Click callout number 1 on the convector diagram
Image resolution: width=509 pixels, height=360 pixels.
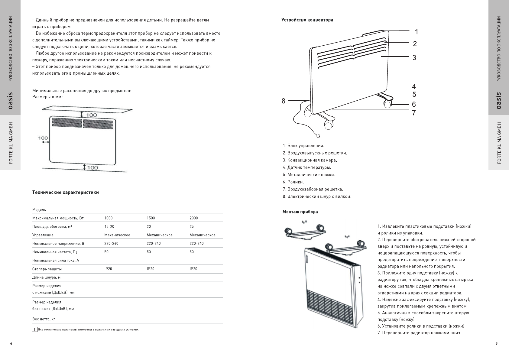click(416, 32)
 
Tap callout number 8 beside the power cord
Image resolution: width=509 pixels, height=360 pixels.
click(283, 101)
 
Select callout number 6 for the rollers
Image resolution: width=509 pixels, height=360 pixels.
click(414, 105)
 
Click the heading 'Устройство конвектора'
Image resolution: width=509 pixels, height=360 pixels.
click(307, 20)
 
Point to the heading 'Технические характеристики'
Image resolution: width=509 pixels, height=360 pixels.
click(65, 193)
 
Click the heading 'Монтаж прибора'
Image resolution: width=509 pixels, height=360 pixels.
click(300, 212)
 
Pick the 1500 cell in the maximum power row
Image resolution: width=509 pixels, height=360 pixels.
click(151, 218)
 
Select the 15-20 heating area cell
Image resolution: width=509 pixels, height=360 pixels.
click(109, 226)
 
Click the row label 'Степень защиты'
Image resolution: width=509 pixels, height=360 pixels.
click(47, 269)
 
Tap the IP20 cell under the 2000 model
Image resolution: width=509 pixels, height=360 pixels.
click(193, 269)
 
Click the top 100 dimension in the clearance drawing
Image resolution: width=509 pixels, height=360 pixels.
click(92, 115)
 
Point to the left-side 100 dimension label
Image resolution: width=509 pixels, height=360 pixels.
click(43, 138)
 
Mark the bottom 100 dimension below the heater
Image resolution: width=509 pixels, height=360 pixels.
click(92, 167)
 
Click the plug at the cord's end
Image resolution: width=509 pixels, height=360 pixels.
click(318, 136)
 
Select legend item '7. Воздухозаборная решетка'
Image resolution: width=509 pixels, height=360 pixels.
click(313, 189)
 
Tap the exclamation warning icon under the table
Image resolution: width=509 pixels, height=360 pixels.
click(35, 329)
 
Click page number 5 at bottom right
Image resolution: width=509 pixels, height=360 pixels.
click(496, 343)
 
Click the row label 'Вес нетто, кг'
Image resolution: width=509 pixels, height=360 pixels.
click(44, 319)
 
